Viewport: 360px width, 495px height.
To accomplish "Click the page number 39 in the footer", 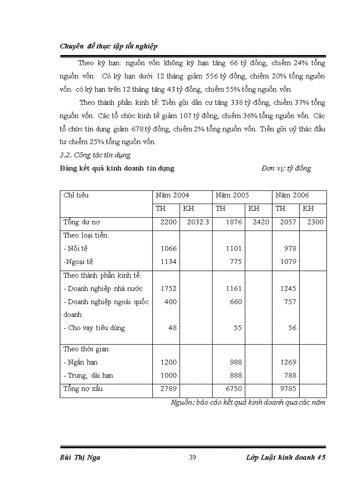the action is (192, 457).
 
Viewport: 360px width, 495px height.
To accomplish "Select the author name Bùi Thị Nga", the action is (80, 457).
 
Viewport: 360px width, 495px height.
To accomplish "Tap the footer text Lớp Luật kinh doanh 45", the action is (285, 457).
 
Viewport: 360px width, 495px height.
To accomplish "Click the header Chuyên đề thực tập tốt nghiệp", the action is (109, 46).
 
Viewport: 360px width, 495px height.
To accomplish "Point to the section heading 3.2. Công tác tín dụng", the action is (95, 155).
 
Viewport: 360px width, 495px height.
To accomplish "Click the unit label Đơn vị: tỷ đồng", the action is (286, 168).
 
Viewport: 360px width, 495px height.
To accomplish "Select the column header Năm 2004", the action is (172, 195).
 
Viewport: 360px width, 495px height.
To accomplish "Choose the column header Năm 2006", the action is (292, 195).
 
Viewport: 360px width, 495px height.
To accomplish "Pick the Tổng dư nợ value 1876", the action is (233, 222).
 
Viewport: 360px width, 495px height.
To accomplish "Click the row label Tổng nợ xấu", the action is (83, 389).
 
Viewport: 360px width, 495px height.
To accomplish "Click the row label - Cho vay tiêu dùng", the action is (94, 328).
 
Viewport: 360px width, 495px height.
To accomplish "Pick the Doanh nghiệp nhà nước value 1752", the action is (169, 289).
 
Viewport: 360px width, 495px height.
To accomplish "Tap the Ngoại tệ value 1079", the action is (288, 262).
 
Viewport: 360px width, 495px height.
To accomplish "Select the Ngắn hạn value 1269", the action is (288, 362).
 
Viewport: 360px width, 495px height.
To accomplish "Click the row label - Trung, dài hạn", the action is (88, 376).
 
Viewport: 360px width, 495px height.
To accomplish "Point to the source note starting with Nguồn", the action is (248, 402).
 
